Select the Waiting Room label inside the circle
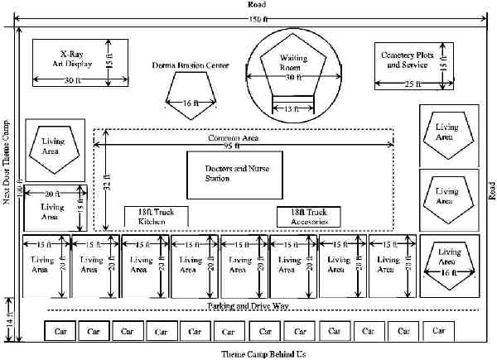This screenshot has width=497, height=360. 289,65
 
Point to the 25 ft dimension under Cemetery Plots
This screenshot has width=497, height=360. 412,84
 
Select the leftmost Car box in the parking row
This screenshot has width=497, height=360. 60,331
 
